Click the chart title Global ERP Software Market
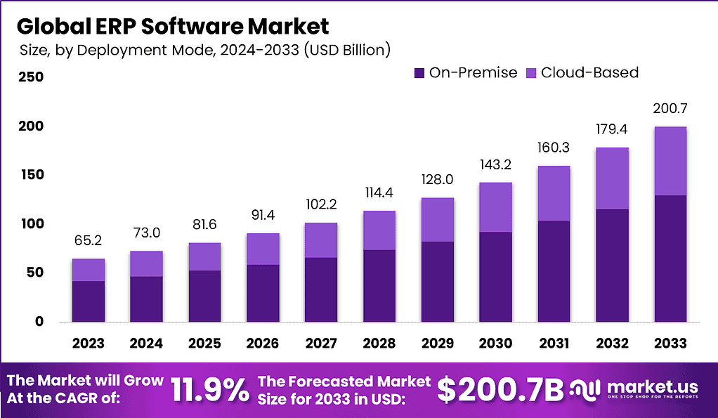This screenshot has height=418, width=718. [x=172, y=26]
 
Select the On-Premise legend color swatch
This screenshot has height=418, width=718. [x=419, y=72]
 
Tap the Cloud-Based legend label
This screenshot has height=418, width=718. [x=589, y=72]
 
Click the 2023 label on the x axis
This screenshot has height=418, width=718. [x=88, y=344]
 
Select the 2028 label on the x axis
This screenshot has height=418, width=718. [x=379, y=344]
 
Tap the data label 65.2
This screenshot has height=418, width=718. [x=88, y=241]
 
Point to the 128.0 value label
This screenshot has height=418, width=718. [x=437, y=180]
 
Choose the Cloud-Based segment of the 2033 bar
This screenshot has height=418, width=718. [x=670, y=161]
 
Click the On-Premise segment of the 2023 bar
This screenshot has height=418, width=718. [x=88, y=301]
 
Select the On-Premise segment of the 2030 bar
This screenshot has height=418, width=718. [x=495, y=277]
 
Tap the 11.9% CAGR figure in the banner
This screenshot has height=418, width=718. [x=210, y=389]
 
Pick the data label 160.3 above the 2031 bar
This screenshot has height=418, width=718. [x=554, y=148]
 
